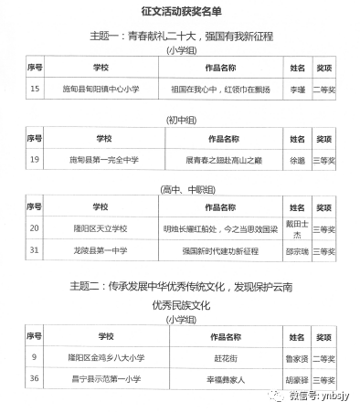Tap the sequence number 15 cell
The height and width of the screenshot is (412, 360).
[x=36, y=89]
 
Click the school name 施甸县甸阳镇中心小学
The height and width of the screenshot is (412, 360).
[x=101, y=89]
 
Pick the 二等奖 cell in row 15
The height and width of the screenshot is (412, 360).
[x=324, y=89]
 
